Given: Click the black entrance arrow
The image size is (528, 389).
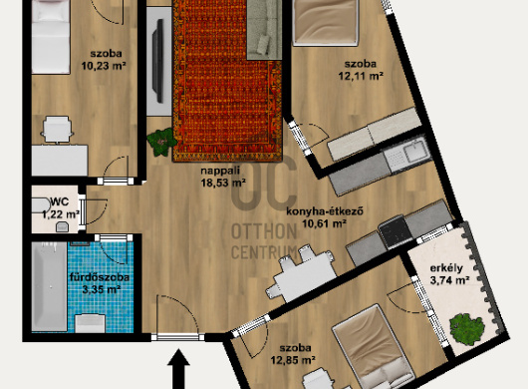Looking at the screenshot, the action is [178, 369].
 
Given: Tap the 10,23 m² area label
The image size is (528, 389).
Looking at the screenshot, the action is [104, 66].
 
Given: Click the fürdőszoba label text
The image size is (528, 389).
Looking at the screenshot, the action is [100, 277].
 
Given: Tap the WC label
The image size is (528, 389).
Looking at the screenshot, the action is [60, 201].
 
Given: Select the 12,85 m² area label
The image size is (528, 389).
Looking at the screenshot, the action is [293, 360].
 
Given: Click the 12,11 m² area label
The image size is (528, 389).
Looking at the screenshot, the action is [361, 76].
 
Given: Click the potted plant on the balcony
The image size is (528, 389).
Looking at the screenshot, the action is [467, 329].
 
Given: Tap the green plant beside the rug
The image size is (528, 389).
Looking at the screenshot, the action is [161, 142].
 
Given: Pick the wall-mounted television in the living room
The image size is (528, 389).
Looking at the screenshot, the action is [158, 61].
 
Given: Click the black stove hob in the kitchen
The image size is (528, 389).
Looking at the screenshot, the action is [396, 232].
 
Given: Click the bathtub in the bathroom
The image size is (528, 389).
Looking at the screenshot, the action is [49, 286].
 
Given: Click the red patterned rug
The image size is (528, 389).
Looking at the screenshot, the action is [227, 81].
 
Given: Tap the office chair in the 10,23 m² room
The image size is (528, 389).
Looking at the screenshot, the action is [57, 130].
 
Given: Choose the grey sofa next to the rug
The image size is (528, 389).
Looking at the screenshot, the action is [264, 30].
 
